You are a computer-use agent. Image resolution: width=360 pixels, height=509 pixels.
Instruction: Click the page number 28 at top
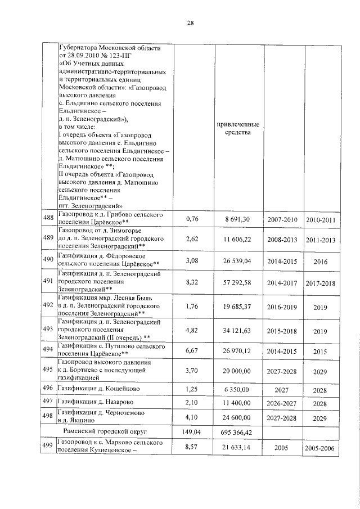coord(190,23)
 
